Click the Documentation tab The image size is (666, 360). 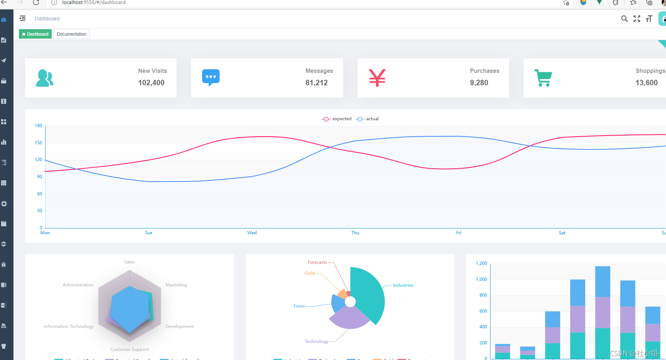(71, 34)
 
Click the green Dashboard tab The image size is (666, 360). (35, 34)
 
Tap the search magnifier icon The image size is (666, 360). (624, 19)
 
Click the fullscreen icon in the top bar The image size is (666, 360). (637, 19)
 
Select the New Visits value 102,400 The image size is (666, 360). (151, 83)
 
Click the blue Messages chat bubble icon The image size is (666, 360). (211, 77)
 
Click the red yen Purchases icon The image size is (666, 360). (377, 78)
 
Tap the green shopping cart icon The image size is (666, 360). (543, 78)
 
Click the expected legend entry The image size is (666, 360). (337, 119)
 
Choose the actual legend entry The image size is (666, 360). (367, 119)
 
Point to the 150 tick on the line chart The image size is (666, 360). (39, 143)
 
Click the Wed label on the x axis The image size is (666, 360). (252, 233)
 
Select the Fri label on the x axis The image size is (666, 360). (459, 233)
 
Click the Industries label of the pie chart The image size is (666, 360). (403, 285)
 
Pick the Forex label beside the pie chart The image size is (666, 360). (299, 306)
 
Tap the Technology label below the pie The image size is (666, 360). (316, 341)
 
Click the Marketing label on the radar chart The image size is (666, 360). (176, 285)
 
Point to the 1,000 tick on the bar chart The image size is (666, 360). (481, 279)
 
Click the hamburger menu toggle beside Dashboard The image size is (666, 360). (23, 19)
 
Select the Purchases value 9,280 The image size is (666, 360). (479, 83)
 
